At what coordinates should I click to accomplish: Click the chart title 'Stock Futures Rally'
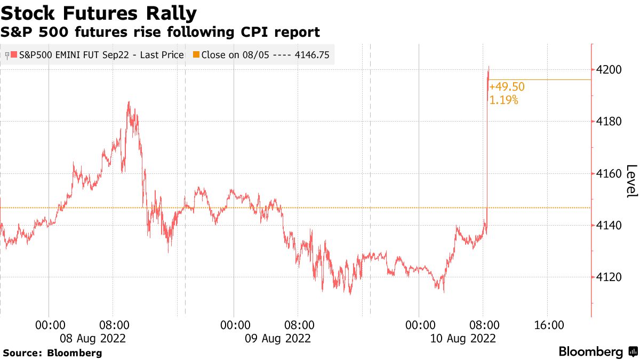tap(99, 13)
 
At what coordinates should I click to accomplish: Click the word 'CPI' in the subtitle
tap(255, 32)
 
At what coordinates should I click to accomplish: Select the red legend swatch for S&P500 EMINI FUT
tap(14, 55)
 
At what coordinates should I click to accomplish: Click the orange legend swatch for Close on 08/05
tap(196, 55)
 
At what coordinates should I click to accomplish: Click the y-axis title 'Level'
tap(631, 181)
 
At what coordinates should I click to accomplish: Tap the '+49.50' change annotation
tap(507, 87)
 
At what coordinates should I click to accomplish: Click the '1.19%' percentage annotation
tap(503, 100)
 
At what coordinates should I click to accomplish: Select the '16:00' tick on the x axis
tap(549, 325)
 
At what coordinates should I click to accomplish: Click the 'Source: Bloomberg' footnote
tap(52, 353)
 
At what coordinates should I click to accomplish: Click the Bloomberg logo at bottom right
tap(597, 352)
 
